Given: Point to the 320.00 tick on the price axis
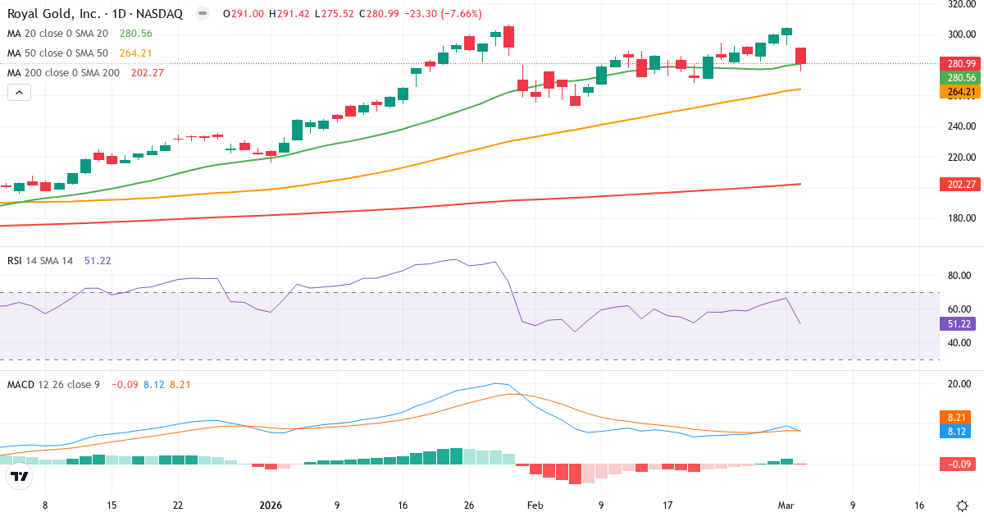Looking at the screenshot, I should [961, 4].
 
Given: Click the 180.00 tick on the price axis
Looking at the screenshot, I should [961, 218].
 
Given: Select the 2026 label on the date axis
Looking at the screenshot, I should [270, 506].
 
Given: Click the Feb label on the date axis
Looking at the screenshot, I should [535, 506].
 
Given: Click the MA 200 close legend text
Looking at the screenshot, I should [63, 72].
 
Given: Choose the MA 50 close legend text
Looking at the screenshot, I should [57, 53].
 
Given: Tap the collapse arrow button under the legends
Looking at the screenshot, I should [20, 93].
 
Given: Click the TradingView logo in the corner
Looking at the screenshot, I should [20, 476].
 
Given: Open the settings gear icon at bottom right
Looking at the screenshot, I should [961, 506].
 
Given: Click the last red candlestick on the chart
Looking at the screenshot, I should [800, 56].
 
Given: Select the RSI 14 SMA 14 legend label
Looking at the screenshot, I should [40, 260].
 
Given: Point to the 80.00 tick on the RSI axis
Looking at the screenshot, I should [961, 276].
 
